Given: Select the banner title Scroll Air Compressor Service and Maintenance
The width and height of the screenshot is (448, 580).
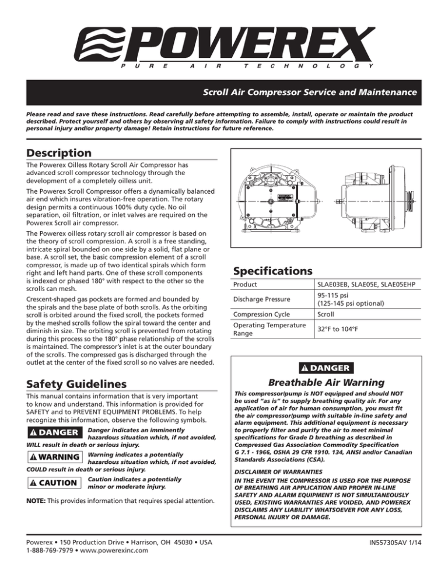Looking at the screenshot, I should pyautogui.click(x=309, y=93).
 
